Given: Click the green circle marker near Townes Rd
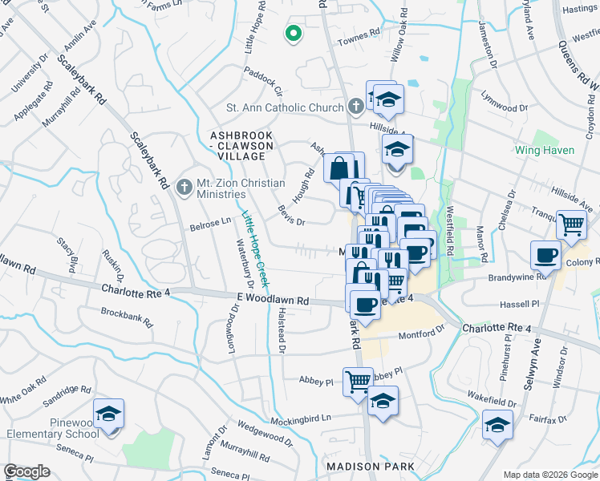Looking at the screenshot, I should [294, 34].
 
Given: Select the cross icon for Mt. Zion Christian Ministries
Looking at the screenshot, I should [184, 188].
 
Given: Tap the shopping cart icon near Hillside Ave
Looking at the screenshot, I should [571, 225].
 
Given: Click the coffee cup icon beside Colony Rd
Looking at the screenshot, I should [545, 255].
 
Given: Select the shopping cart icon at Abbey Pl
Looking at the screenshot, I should [358, 381].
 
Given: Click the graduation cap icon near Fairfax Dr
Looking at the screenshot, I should [498, 425].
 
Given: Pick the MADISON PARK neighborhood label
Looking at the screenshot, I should [370, 466].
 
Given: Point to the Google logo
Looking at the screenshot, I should [26, 471].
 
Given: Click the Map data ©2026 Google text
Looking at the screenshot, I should [549, 475].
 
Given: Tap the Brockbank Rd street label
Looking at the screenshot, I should [127, 318].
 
